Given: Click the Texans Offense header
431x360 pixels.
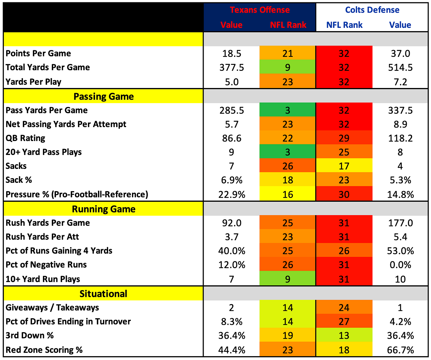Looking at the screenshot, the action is point(260,10).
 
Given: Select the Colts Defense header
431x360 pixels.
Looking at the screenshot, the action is point(372,10).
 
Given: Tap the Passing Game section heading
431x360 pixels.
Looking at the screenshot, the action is point(104,97).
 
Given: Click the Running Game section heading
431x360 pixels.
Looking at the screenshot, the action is point(104,209).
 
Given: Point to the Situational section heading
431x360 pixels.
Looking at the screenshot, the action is point(103,294).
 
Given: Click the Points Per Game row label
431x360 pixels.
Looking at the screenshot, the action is point(38,53).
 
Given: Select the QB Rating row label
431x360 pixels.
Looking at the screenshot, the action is point(25,138).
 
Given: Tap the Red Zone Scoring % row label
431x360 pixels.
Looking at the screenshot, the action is point(44,350).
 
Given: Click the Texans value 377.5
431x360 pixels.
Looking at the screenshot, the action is point(231,68).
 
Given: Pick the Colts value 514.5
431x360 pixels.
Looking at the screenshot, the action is point(400,68).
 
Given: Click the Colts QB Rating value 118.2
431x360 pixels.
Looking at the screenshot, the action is point(400,138).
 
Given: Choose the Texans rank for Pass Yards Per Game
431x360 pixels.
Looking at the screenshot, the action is point(287,110).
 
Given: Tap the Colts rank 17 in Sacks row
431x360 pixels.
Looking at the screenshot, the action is point(344,166).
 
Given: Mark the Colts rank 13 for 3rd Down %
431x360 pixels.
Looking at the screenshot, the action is point(344,336).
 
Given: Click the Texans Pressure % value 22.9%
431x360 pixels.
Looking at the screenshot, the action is point(231,195).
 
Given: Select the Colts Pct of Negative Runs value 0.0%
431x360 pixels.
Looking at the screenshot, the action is point(400,265).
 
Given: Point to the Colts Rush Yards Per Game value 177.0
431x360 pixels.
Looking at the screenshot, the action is point(400,223).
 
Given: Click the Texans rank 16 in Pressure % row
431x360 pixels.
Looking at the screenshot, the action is point(287,195).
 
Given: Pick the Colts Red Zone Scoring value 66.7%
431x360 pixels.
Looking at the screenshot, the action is point(400,350).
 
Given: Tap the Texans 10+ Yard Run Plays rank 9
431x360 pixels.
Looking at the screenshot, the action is point(287,279).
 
